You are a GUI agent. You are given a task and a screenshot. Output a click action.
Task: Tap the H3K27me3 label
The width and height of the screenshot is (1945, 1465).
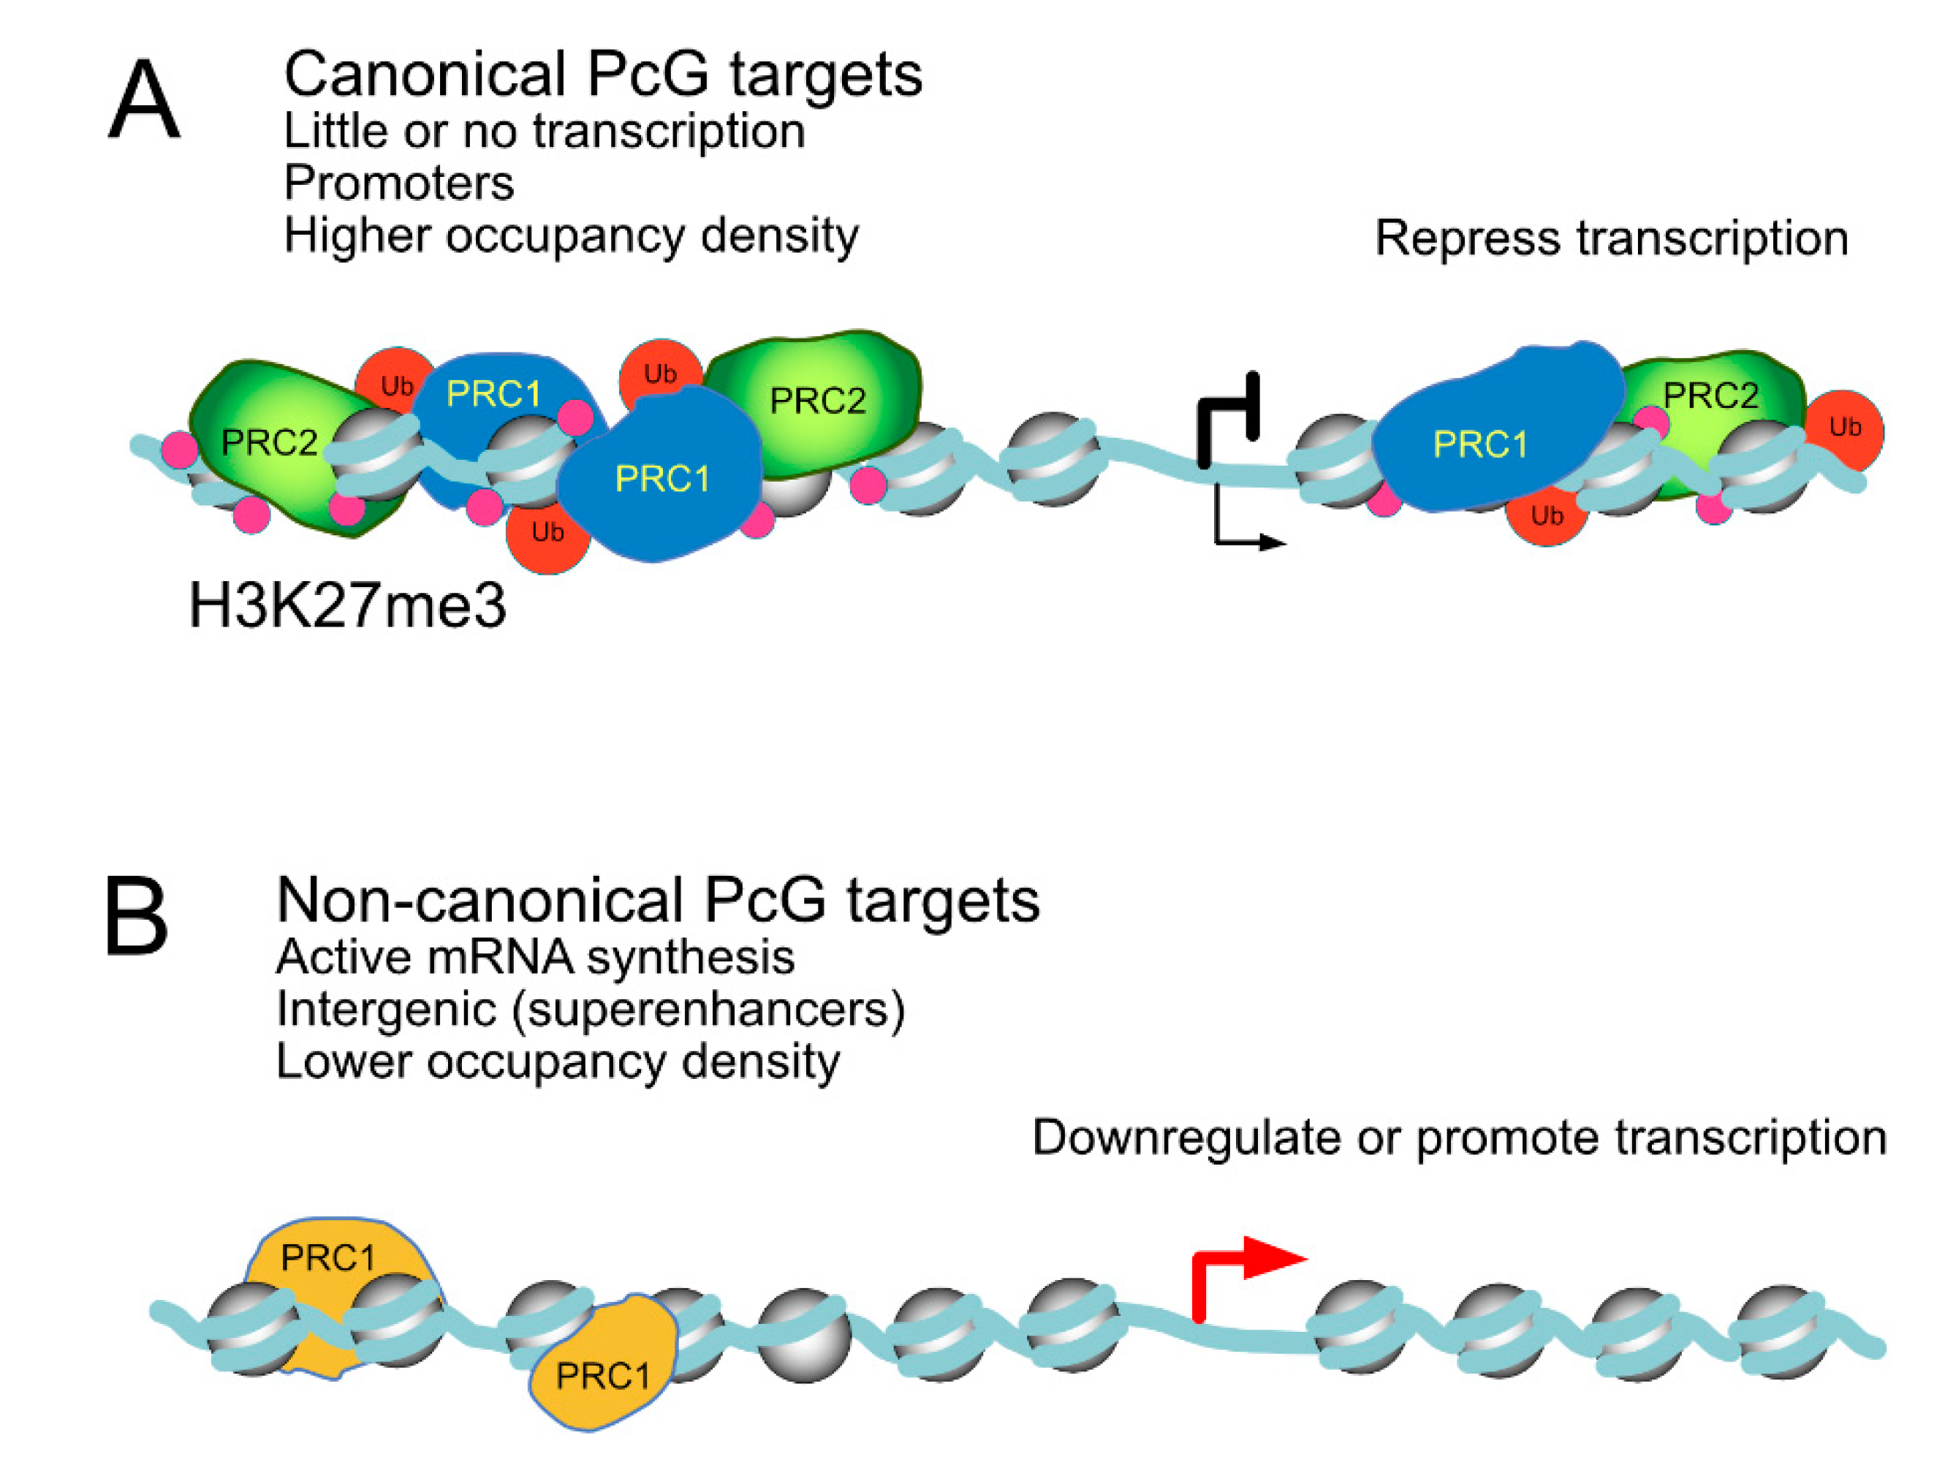coord(347,606)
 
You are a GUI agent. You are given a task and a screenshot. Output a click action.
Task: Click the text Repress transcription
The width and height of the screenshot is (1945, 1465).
coord(1611,238)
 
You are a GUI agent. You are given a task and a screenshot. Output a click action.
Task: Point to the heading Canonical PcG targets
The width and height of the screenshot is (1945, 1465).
coord(602,74)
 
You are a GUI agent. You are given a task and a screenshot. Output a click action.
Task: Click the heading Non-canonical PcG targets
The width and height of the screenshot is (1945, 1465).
coord(657,901)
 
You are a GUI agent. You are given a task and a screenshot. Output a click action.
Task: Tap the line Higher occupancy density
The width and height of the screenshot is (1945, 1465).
coord(571,235)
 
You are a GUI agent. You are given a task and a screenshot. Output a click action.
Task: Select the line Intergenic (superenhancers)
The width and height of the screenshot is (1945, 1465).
coord(590,1009)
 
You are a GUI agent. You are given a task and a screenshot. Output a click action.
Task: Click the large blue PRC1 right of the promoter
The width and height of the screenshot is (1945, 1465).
coord(1486,431)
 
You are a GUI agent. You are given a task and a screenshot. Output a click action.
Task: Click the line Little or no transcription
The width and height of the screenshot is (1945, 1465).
coord(543,132)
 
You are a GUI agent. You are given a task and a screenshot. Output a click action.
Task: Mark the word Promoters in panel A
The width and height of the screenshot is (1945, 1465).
coord(398,183)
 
